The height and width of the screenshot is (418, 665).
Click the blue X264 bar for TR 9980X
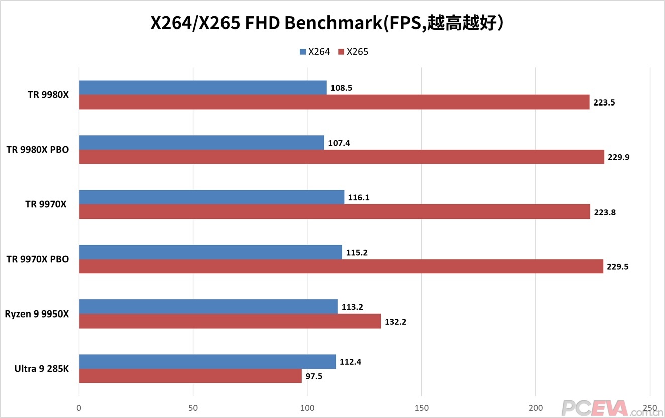tap(203, 88)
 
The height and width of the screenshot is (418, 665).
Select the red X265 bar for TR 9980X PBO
tap(342, 157)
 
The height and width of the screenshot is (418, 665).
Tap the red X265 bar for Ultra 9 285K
tap(190, 376)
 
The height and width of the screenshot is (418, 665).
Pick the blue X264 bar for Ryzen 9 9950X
tap(208, 306)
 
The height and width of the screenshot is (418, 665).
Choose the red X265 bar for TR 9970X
tap(335, 212)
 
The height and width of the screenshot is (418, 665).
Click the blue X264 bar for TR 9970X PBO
tap(210, 252)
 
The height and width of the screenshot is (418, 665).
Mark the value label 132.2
tap(395, 322)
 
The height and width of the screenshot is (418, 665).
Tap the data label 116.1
tap(358, 197)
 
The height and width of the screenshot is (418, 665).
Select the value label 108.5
tap(341, 88)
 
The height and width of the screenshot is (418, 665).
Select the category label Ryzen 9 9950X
tap(37, 314)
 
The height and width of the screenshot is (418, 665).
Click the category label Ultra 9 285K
tap(42, 369)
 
